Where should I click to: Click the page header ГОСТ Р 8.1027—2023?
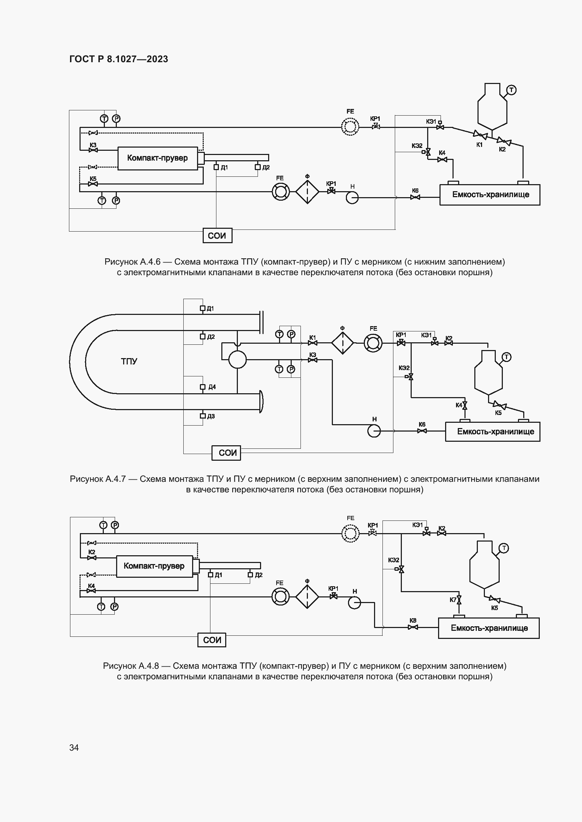click(x=119, y=59)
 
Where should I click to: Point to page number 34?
click(x=74, y=747)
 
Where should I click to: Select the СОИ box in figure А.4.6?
click(x=217, y=235)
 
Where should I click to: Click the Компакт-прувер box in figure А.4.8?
click(x=154, y=566)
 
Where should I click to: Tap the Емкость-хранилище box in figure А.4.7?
click(x=492, y=432)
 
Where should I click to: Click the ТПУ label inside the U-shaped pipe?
click(x=129, y=361)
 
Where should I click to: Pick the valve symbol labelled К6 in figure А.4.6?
click(x=415, y=197)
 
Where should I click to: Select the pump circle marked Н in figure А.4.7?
click(x=374, y=431)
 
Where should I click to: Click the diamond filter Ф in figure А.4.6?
click(x=307, y=192)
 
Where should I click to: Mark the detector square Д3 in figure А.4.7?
click(x=202, y=416)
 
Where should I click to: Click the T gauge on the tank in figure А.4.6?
click(x=511, y=90)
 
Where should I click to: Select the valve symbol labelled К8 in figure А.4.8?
click(x=412, y=627)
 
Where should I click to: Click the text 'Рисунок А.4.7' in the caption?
click(x=97, y=479)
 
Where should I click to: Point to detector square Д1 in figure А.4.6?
click(x=216, y=167)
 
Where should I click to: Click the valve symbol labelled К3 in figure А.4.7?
click(x=312, y=360)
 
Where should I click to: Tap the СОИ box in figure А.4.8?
click(x=212, y=640)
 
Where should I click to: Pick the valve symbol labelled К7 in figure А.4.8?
click(x=459, y=600)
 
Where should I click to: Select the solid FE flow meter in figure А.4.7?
click(x=373, y=343)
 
